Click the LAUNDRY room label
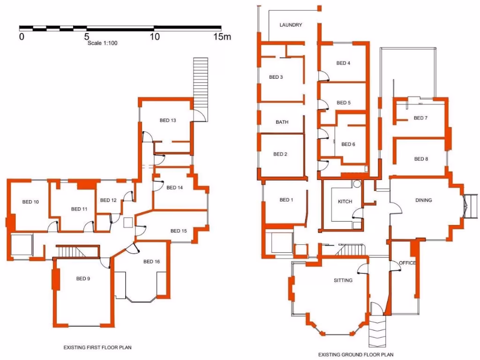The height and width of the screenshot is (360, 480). (291, 25)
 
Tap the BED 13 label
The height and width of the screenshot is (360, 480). (168, 120)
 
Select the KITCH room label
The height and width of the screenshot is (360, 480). (345, 202)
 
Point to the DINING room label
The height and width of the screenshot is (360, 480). (423, 200)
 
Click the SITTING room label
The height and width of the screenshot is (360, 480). (343, 280)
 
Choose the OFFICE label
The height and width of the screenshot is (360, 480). (407, 263)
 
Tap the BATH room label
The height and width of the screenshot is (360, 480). (282, 122)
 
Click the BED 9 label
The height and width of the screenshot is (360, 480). (83, 278)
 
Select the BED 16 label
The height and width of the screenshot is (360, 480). (151, 262)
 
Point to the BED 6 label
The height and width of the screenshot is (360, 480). (348, 144)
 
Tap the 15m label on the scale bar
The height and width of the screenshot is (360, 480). (222, 37)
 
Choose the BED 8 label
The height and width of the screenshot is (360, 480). (421, 159)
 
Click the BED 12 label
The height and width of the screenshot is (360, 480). (108, 200)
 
